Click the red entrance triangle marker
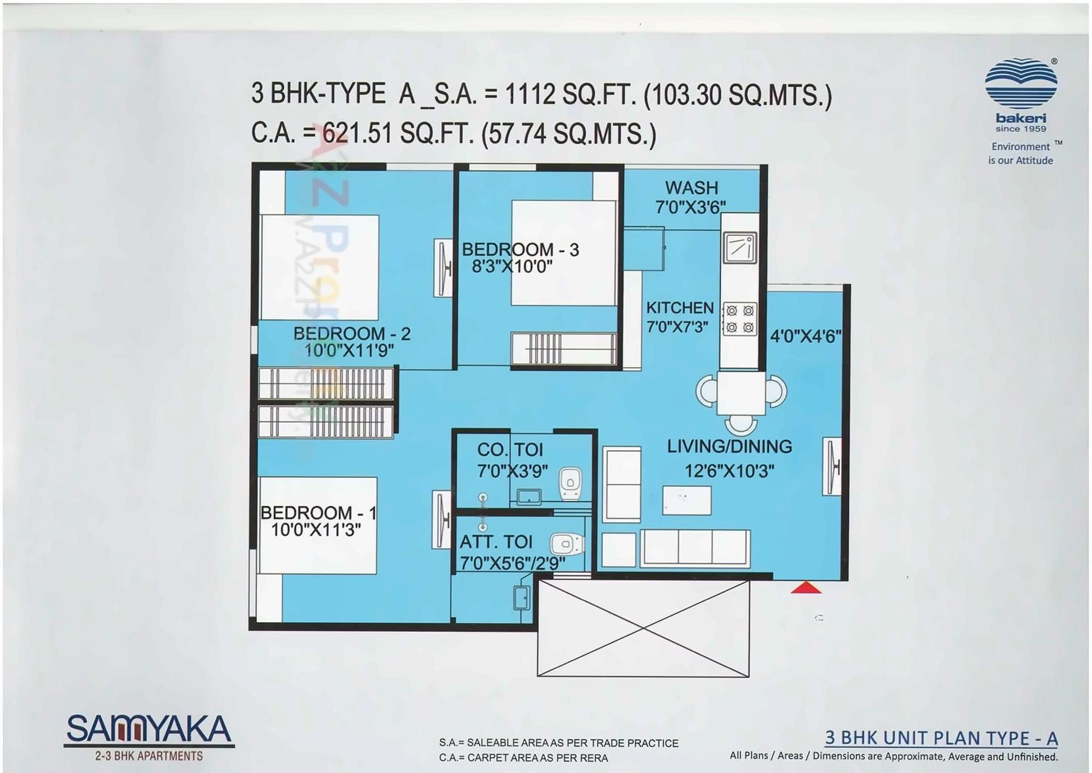[x=806, y=587]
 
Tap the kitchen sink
[x=739, y=247]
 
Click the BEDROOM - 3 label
[x=520, y=250]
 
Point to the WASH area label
[x=691, y=188]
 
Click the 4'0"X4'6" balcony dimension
[x=805, y=336]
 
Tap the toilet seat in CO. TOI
[x=570, y=483]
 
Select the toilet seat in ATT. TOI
[x=565, y=543]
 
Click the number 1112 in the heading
[x=530, y=95]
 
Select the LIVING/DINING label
[x=729, y=446]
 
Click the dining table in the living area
[x=741, y=393]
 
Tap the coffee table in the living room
[x=687, y=500]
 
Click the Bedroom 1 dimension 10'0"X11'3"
[x=316, y=529]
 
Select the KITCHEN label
[x=679, y=308]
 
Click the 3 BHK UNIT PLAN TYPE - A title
[x=941, y=738]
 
